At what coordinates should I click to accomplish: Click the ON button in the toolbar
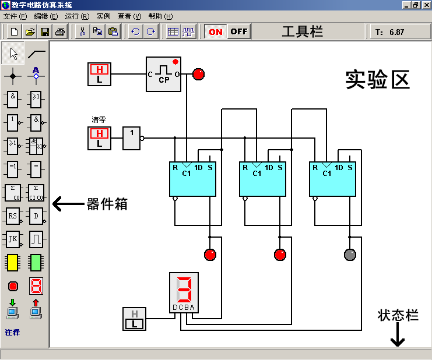pyautogui.click(x=216, y=31)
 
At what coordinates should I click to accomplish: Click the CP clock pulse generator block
pyautogui.click(x=163, y=74)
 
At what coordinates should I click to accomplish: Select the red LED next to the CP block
pyautogui.click(x=199, y=74)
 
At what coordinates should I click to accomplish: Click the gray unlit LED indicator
pyautogui.click(x=350, y=255)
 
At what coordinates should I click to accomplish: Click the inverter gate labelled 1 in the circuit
pyautogui.click(x=132, y=138)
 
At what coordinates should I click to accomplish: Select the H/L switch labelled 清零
pyautogui.click(x=99, y=138)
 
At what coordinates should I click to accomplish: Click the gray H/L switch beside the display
pyautogui.click(x=135, y=319)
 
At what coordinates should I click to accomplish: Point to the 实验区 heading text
pyautogui.click(x=377, y=80)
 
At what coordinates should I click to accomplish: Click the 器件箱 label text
pyautogui.click(x=107, y=204)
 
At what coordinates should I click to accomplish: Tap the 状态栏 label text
pyautogui.click(x=398, y=315)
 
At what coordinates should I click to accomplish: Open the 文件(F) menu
pyautogui.click(x=15, y=16)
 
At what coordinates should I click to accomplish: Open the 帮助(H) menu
pyautogui.click(x=160, y=16)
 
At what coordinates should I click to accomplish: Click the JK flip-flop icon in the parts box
pyautogui.click(x=13, y=239)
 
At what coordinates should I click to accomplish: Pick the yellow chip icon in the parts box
pyautogui.click(x=13, y=263)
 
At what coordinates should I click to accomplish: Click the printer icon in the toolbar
pyautogui.click(x=59, y=31)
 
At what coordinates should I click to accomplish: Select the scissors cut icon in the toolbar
pyautogui.click(x=82, y=31)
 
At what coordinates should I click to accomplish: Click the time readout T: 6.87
pyautogui.click(x=390, y=32)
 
